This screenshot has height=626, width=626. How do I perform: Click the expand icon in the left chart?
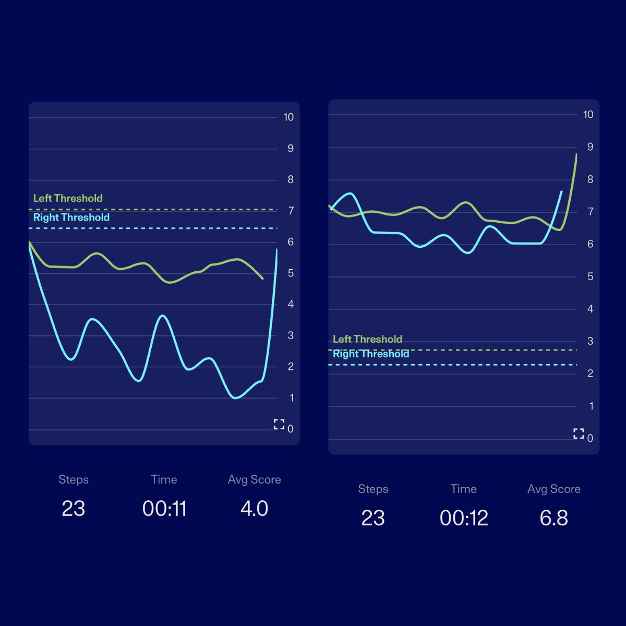(279, 424)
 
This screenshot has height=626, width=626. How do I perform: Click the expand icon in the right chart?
(579, 434)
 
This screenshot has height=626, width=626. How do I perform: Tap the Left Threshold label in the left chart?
(68, 198)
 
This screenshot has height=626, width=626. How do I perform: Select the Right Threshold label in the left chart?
(71, 218)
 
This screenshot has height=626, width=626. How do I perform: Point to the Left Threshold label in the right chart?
(367, 339)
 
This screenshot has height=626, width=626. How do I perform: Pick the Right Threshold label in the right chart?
(371, 354)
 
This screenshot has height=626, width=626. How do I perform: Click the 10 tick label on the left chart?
(288, 117)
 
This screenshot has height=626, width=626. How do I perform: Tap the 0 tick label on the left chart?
(291, 429)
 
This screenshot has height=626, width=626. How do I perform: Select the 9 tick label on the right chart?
(590, 147)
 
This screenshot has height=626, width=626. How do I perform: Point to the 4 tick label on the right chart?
(590, 309)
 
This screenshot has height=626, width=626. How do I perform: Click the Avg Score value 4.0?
(254, 509)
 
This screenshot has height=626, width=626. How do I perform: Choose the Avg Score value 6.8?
(553, 518)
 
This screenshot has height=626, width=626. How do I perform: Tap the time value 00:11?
(164, 509)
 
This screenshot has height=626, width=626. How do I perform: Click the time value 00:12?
(464, 518)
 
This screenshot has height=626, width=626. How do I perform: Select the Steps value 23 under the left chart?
(73, 509)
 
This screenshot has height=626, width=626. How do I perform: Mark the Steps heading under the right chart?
(373, 489)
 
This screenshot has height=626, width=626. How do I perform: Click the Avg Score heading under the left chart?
(254, 479)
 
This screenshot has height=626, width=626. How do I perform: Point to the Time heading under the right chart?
(464, 489)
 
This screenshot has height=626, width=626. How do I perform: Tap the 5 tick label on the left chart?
(291, 273)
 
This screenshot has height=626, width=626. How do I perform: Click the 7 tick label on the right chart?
(590, 212)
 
